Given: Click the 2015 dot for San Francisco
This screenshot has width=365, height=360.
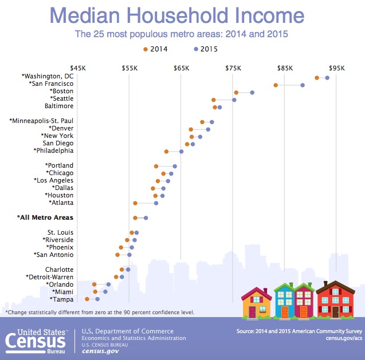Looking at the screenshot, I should (x=303, y=85).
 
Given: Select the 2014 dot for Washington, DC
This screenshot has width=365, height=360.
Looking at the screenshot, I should (x=317, y=77).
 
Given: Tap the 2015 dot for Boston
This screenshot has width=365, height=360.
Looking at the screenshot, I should (x=252, y=92).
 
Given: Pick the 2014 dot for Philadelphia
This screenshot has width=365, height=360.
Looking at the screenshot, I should (x=166, y=152).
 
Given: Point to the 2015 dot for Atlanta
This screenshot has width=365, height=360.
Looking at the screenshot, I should (x=156, y=203).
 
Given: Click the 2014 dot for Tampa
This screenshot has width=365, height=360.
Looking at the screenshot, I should (x=87, y=299).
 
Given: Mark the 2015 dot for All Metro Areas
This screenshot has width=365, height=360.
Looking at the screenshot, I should (x=146, y=218).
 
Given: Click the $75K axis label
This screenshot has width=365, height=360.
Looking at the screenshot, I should (x=233, y=68).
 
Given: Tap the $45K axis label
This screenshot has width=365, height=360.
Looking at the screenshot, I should (x=77, y=68).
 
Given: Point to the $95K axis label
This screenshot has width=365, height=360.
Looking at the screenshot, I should (x=336, y=68).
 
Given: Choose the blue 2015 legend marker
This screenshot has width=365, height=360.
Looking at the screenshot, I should (x=196, y=49).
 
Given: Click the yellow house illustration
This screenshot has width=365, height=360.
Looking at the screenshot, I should (x=257, y=303).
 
